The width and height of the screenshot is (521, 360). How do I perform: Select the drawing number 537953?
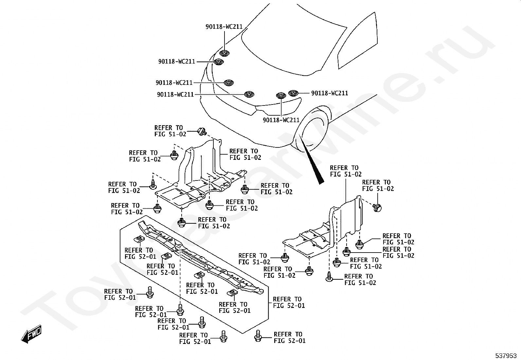506,356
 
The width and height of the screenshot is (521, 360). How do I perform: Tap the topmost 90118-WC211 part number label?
224,27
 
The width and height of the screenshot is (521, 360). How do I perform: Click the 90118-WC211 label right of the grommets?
330,93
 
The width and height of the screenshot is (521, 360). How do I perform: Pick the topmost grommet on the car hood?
225,53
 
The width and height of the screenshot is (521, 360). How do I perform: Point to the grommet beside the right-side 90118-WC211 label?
293,93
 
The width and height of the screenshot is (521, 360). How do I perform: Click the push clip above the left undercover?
202,132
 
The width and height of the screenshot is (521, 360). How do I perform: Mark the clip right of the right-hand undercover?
377,207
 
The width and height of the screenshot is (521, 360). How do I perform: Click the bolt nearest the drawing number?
258,336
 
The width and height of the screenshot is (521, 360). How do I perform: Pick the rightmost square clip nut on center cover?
232,293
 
